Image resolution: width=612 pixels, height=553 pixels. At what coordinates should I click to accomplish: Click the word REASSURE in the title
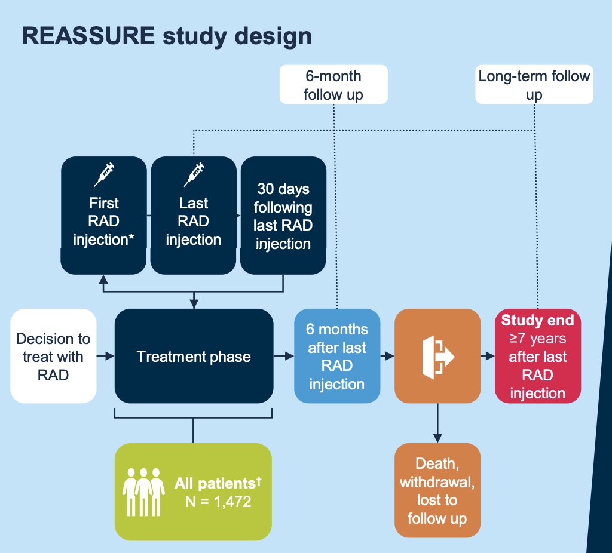tap(88, 36)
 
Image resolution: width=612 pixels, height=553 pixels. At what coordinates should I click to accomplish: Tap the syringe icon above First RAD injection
tap(104, 174)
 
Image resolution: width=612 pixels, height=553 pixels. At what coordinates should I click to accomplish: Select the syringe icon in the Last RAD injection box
tap(194, 174)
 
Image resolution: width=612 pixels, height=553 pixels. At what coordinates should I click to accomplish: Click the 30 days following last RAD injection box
tap(283, 216)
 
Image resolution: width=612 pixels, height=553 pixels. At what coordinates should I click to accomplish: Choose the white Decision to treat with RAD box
tap(53, 356)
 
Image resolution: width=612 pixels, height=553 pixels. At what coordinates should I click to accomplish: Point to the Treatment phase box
tap(194, 356)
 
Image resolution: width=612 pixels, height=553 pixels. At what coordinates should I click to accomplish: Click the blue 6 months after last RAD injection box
tap(337, 356)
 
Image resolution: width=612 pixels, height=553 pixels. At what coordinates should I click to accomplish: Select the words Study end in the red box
tap(538, 320)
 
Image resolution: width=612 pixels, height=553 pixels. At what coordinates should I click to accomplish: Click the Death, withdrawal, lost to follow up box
tap(437, 490)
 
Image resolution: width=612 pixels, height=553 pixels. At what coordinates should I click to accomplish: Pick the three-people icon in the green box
tap(143, 492)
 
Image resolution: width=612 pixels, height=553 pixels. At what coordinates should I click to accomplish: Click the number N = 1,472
tap(218, 502)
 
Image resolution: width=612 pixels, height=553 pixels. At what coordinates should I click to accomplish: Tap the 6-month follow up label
tap(333, 85)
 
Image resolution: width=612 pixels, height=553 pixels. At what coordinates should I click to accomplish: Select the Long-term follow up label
tap(534, 85)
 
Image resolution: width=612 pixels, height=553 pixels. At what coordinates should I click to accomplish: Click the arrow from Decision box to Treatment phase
tap(105, 356)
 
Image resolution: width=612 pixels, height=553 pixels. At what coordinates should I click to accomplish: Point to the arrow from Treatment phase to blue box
tap(284, 356)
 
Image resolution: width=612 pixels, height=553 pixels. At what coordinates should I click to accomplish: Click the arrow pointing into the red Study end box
tap(488, 356)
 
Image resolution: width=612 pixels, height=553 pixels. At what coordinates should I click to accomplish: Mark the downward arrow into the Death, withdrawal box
tap(437, 423)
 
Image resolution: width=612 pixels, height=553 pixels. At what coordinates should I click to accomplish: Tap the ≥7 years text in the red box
tap(538, 338)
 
